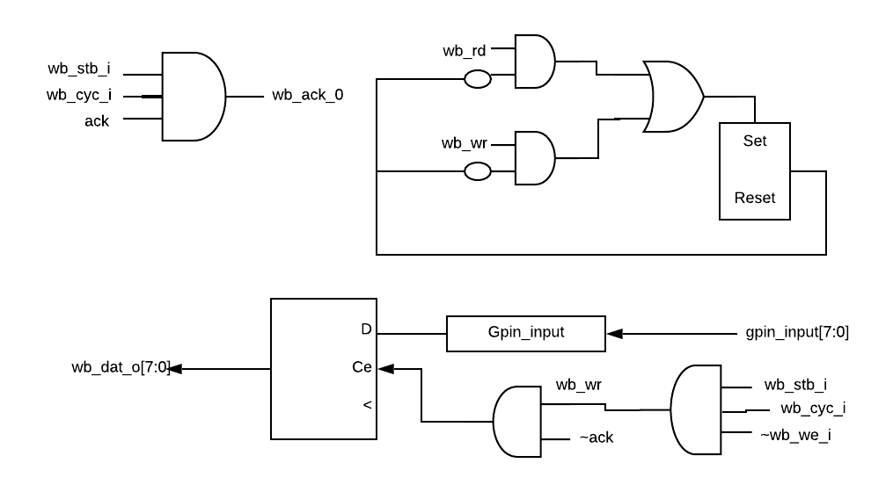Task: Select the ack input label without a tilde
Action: (97, 121)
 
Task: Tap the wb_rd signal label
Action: (465, 50)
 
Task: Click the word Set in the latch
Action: (755, 141)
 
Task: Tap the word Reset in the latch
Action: (755, 198)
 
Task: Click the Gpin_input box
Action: (525, 334)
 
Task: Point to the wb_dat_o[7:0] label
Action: (120, 368)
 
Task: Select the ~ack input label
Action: (597, 437)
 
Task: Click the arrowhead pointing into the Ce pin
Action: (384, 369)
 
